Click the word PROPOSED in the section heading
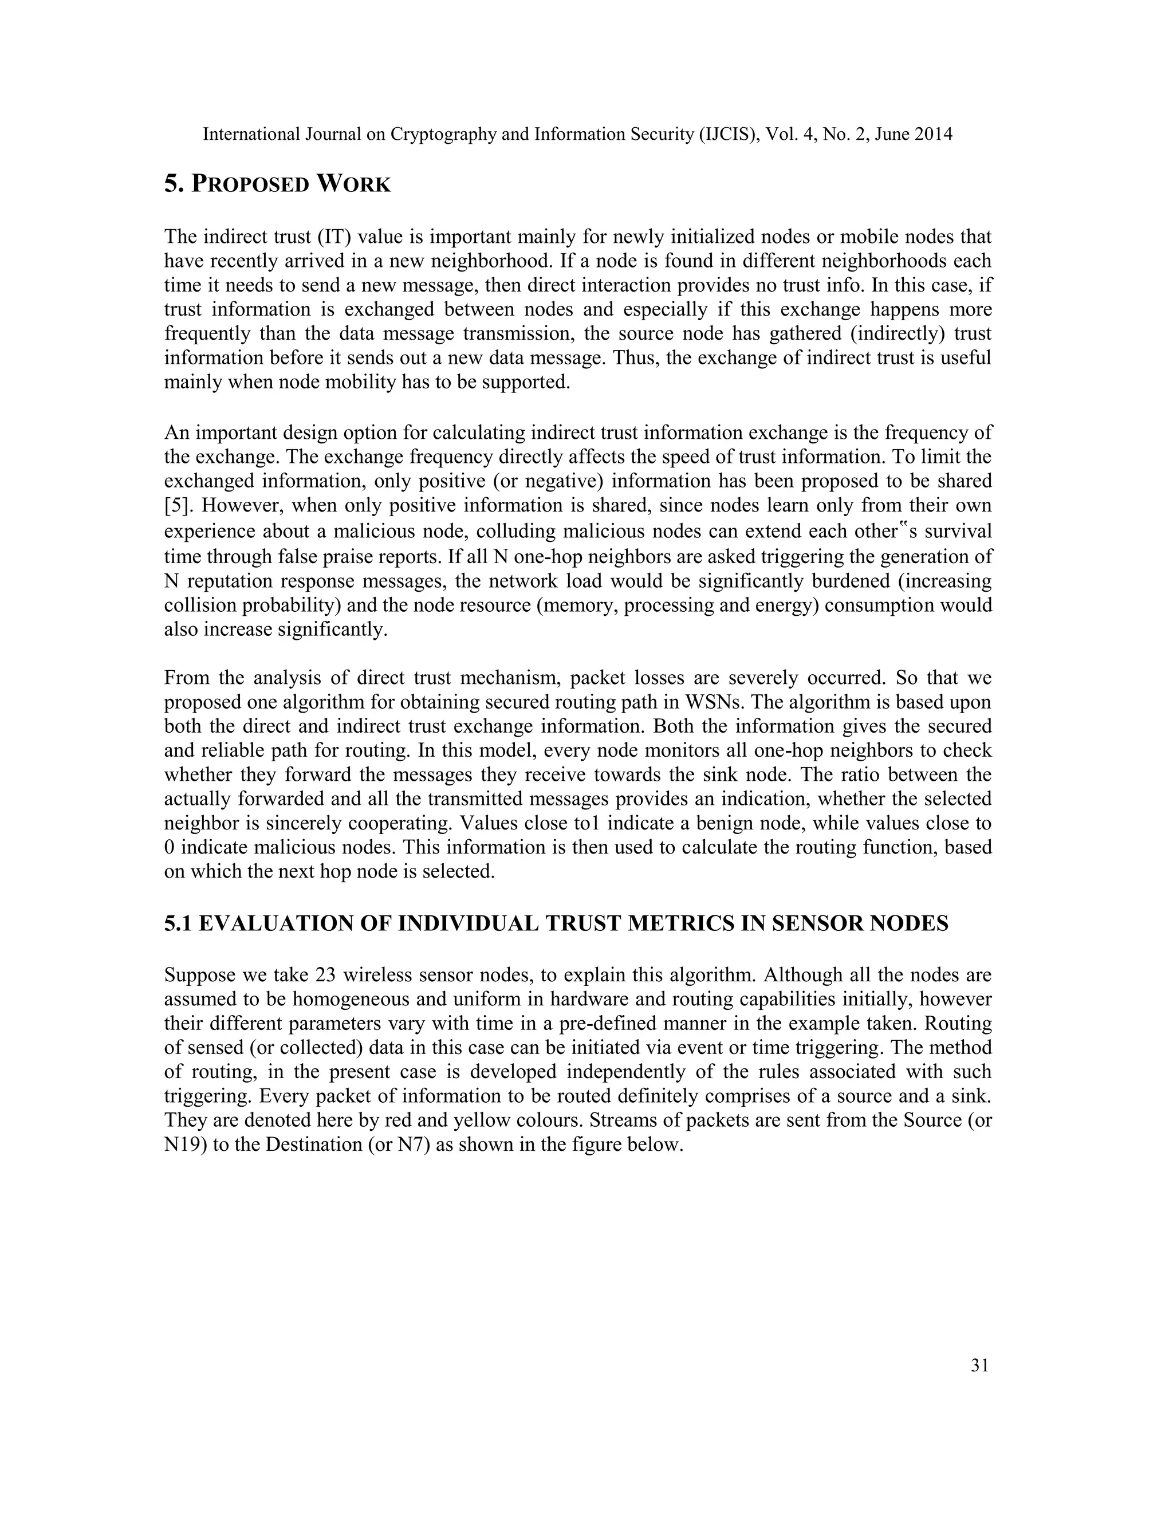pyautogui.click(x=250, y=185)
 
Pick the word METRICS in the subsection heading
pyautogui.click(x=696, y=923)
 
